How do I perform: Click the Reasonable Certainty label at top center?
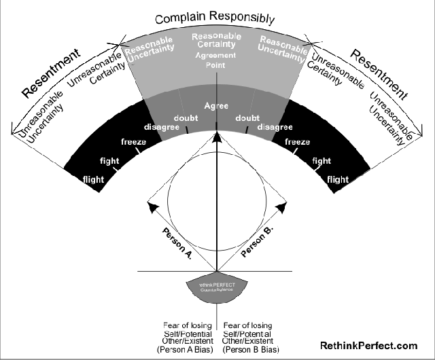217,41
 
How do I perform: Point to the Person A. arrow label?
178,242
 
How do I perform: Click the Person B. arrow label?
256,242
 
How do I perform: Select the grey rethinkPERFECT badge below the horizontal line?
216,287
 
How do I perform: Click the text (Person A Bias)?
184,349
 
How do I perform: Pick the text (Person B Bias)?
249,349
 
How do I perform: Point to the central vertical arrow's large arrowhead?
217,139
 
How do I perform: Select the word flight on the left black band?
93,179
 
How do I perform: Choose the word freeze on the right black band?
298,142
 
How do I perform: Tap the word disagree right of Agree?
275,126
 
